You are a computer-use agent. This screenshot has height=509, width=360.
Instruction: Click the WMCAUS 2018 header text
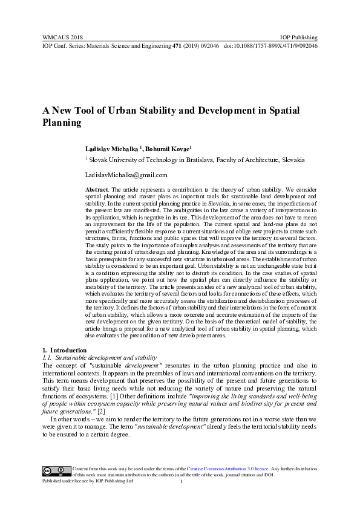point(62,36)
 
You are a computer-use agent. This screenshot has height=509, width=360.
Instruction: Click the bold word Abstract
point(97,190)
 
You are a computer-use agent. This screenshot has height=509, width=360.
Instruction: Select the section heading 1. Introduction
point(64,351)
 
